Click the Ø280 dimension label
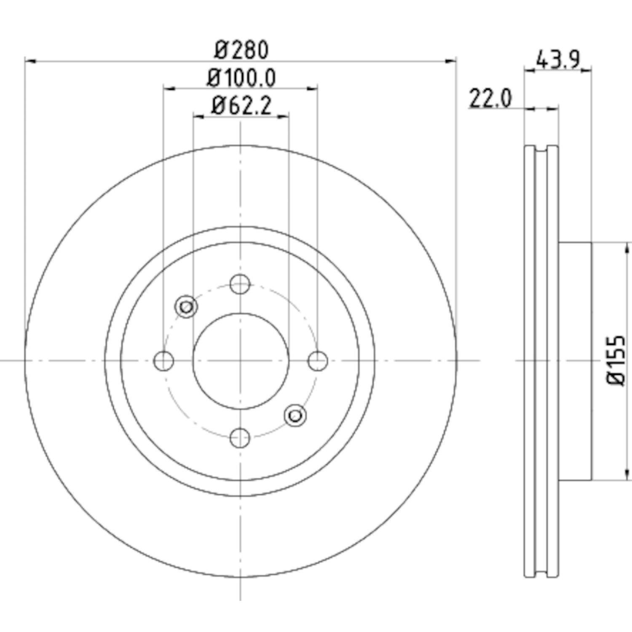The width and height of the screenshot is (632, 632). pos(241,50)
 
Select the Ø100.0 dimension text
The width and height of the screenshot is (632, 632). pos(241,78)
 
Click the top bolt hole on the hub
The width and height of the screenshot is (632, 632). pos(240,284)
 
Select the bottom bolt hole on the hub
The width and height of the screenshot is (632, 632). pos(240,438)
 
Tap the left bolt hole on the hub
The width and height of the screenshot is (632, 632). pos(163,361)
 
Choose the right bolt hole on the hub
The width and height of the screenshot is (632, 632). pos(317,361)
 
